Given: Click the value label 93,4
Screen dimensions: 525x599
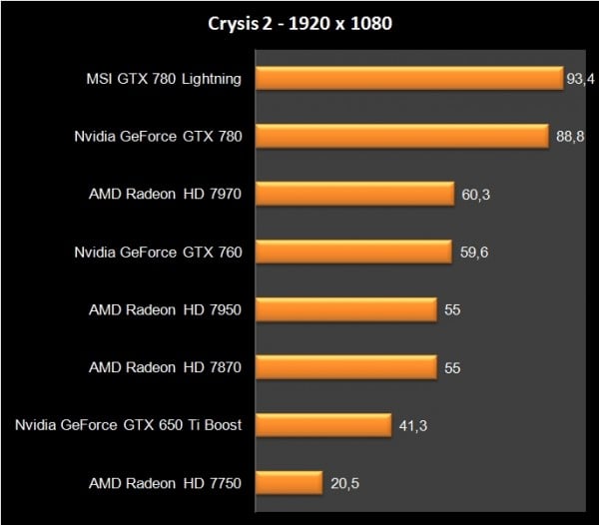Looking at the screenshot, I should pyautogui.click(x=580, y=79).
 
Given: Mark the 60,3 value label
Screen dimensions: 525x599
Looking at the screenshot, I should pyautogui.click(x=475, y=195).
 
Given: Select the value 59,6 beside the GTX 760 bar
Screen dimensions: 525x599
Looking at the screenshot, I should pyautogui.click(x=474, y=253).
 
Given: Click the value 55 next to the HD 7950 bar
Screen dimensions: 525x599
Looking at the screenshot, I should pyautogui.click(x=452, y=310).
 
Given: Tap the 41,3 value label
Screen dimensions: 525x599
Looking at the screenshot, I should pyautogui.click(x=413, y=426).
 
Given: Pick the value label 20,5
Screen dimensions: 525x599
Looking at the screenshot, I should pyautogui.click(x=344, y=484).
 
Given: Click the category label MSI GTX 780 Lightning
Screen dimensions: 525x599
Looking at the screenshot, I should pyautogui.click(x=164, y=79).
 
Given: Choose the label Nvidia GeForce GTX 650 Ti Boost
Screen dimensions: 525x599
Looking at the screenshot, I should pyautogui.click(x=129, y=426).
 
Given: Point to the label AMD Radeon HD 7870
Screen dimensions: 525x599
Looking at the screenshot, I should pyautogui.click(x=166, y=368).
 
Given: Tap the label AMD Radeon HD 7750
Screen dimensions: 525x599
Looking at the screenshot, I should pyautogui.click(x=166, y=484).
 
